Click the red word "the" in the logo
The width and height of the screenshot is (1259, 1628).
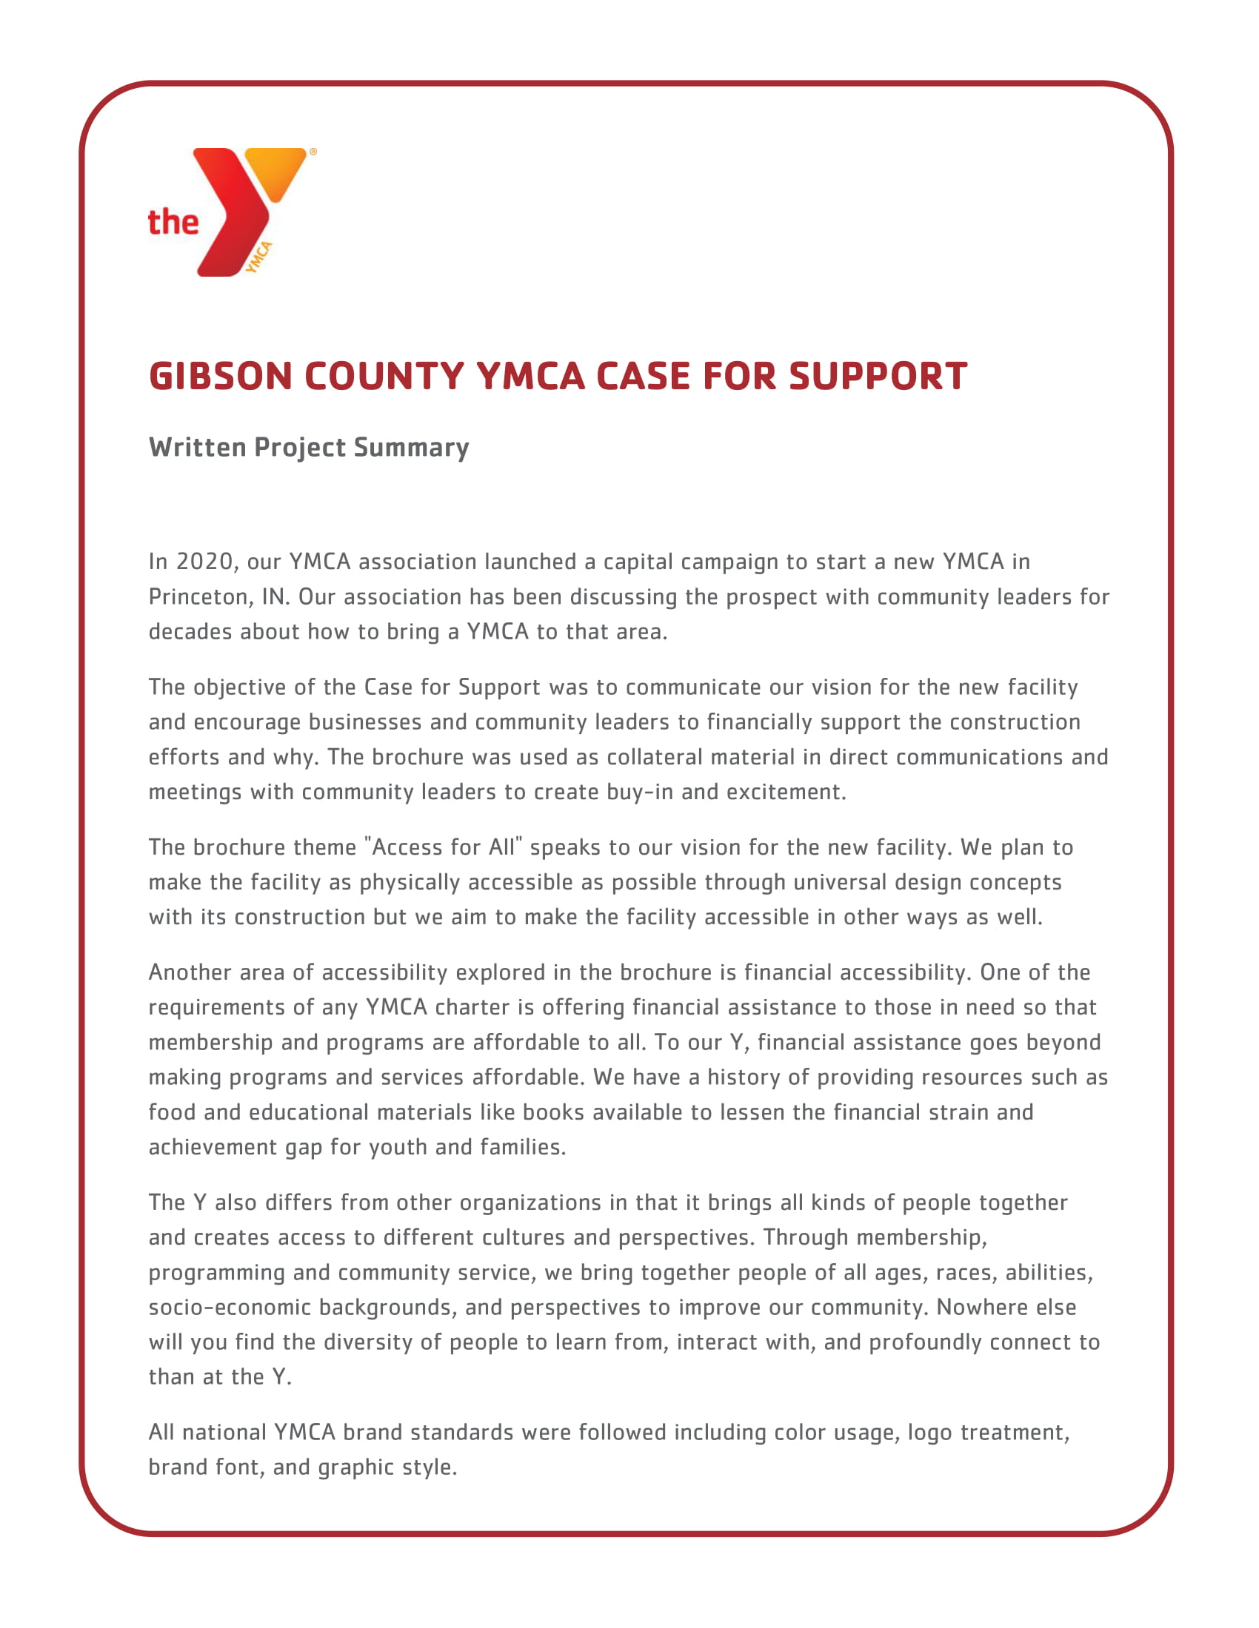[173, 222]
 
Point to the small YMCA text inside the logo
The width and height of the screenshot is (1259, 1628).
[258, 258]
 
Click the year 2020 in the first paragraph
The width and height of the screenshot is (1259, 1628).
[205, 562]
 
